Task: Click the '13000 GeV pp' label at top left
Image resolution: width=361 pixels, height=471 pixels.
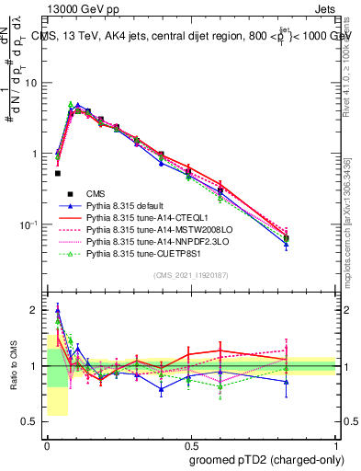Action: (78, 7)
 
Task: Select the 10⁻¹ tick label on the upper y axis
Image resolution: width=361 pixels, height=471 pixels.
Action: (30, 224)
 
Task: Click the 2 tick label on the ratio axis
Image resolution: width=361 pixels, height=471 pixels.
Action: (37, 310)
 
